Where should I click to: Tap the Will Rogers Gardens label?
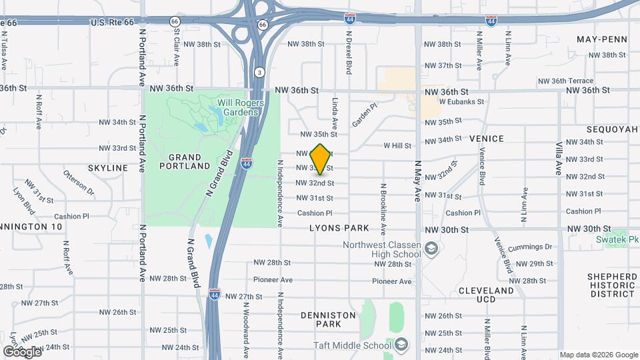[241, 107]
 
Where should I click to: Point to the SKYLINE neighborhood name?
[107, 168]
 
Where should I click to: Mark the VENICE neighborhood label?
[486, 139]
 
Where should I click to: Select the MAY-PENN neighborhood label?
[602, 39]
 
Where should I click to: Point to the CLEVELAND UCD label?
[486, 295]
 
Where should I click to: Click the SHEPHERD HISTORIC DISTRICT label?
[611, 285]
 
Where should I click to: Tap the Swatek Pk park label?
[626, 238]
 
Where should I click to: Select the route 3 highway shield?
[259, 72]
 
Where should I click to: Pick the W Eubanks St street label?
[461, 102]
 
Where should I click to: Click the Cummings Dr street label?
[530, 248]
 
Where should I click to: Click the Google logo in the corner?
[22, 351]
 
